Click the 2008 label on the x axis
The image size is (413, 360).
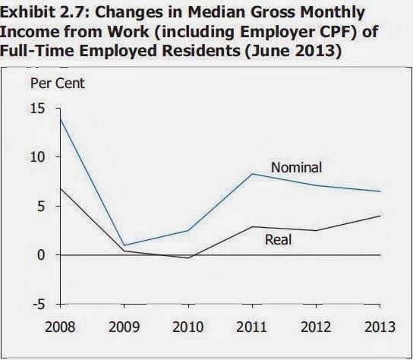(x=60, y=327)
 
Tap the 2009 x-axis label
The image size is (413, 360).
(x=124, y=327)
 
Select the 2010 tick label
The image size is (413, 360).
(x=188, y=327)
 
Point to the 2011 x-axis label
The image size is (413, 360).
(x=252, y=327)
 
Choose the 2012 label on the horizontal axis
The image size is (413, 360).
(x=316, y=327)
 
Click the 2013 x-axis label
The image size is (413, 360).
(x=380, y=327)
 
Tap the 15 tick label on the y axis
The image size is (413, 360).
(x=37, y=109)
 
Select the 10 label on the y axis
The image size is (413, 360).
(x=37, y=157)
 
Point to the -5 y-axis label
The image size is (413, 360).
(x=39, y=305)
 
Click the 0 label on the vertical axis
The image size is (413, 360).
(x=41, y=255)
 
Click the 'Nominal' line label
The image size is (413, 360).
(x=296, y=167)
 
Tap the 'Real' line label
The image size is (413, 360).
(x=278, y=239)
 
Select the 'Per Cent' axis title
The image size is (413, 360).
(x=58, y=84)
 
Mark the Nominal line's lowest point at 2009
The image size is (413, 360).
(x=124, y=245)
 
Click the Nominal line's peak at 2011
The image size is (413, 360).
(x=252, y=174)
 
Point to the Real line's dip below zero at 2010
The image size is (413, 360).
(x=188, y=257)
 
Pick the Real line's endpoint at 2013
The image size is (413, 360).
(x=380, y=216)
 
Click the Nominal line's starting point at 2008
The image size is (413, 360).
(x=60, y=119)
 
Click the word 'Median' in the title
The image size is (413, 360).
(x=216, y=12)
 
